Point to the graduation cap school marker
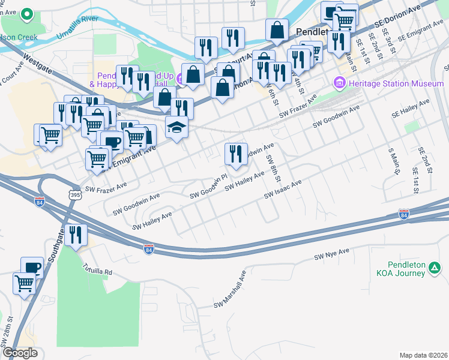(176, 128)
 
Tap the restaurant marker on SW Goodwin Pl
(236, 154)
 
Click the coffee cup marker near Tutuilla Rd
(32, 268)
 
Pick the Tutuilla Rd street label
(97, 268)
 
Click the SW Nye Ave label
(332, 256)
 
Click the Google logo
(20, 353)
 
